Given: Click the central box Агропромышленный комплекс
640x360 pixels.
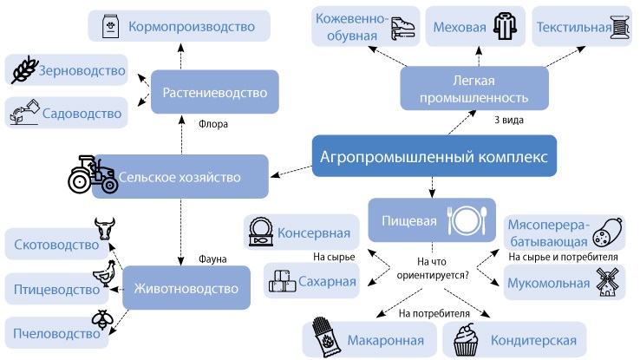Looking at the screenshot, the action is (434, 156).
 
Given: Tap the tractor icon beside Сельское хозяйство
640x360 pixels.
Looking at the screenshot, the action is (93, 174).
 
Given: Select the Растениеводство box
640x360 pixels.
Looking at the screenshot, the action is (215, 92).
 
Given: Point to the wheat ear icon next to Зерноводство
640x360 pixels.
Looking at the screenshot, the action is (24, 69).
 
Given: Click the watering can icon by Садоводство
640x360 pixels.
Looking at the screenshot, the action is (24, 111).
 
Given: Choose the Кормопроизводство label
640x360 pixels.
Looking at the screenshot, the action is (192, 27).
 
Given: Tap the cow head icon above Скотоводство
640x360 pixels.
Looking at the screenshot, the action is (105, 228).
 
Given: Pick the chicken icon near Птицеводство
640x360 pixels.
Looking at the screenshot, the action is (104, 273).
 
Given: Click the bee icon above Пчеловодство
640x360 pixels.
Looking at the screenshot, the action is (102, 319).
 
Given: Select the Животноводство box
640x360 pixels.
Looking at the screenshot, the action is (186, 288).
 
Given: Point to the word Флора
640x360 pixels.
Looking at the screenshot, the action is (213, 124).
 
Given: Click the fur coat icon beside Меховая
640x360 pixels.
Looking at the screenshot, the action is (505, 26).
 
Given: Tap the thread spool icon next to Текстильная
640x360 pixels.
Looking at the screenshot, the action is (620, 27).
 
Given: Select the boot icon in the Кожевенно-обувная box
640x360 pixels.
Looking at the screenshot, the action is (402, 28).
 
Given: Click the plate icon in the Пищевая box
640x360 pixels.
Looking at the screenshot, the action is (467, 220).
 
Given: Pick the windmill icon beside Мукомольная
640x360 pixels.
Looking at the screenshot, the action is (607, 282).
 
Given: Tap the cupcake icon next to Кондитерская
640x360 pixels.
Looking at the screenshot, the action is (466, 339).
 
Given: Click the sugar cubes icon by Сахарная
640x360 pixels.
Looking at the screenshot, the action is (282, 281).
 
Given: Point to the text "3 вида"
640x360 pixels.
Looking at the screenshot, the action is (508, 120).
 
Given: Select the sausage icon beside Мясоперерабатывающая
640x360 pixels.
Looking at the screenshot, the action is (607, 232).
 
